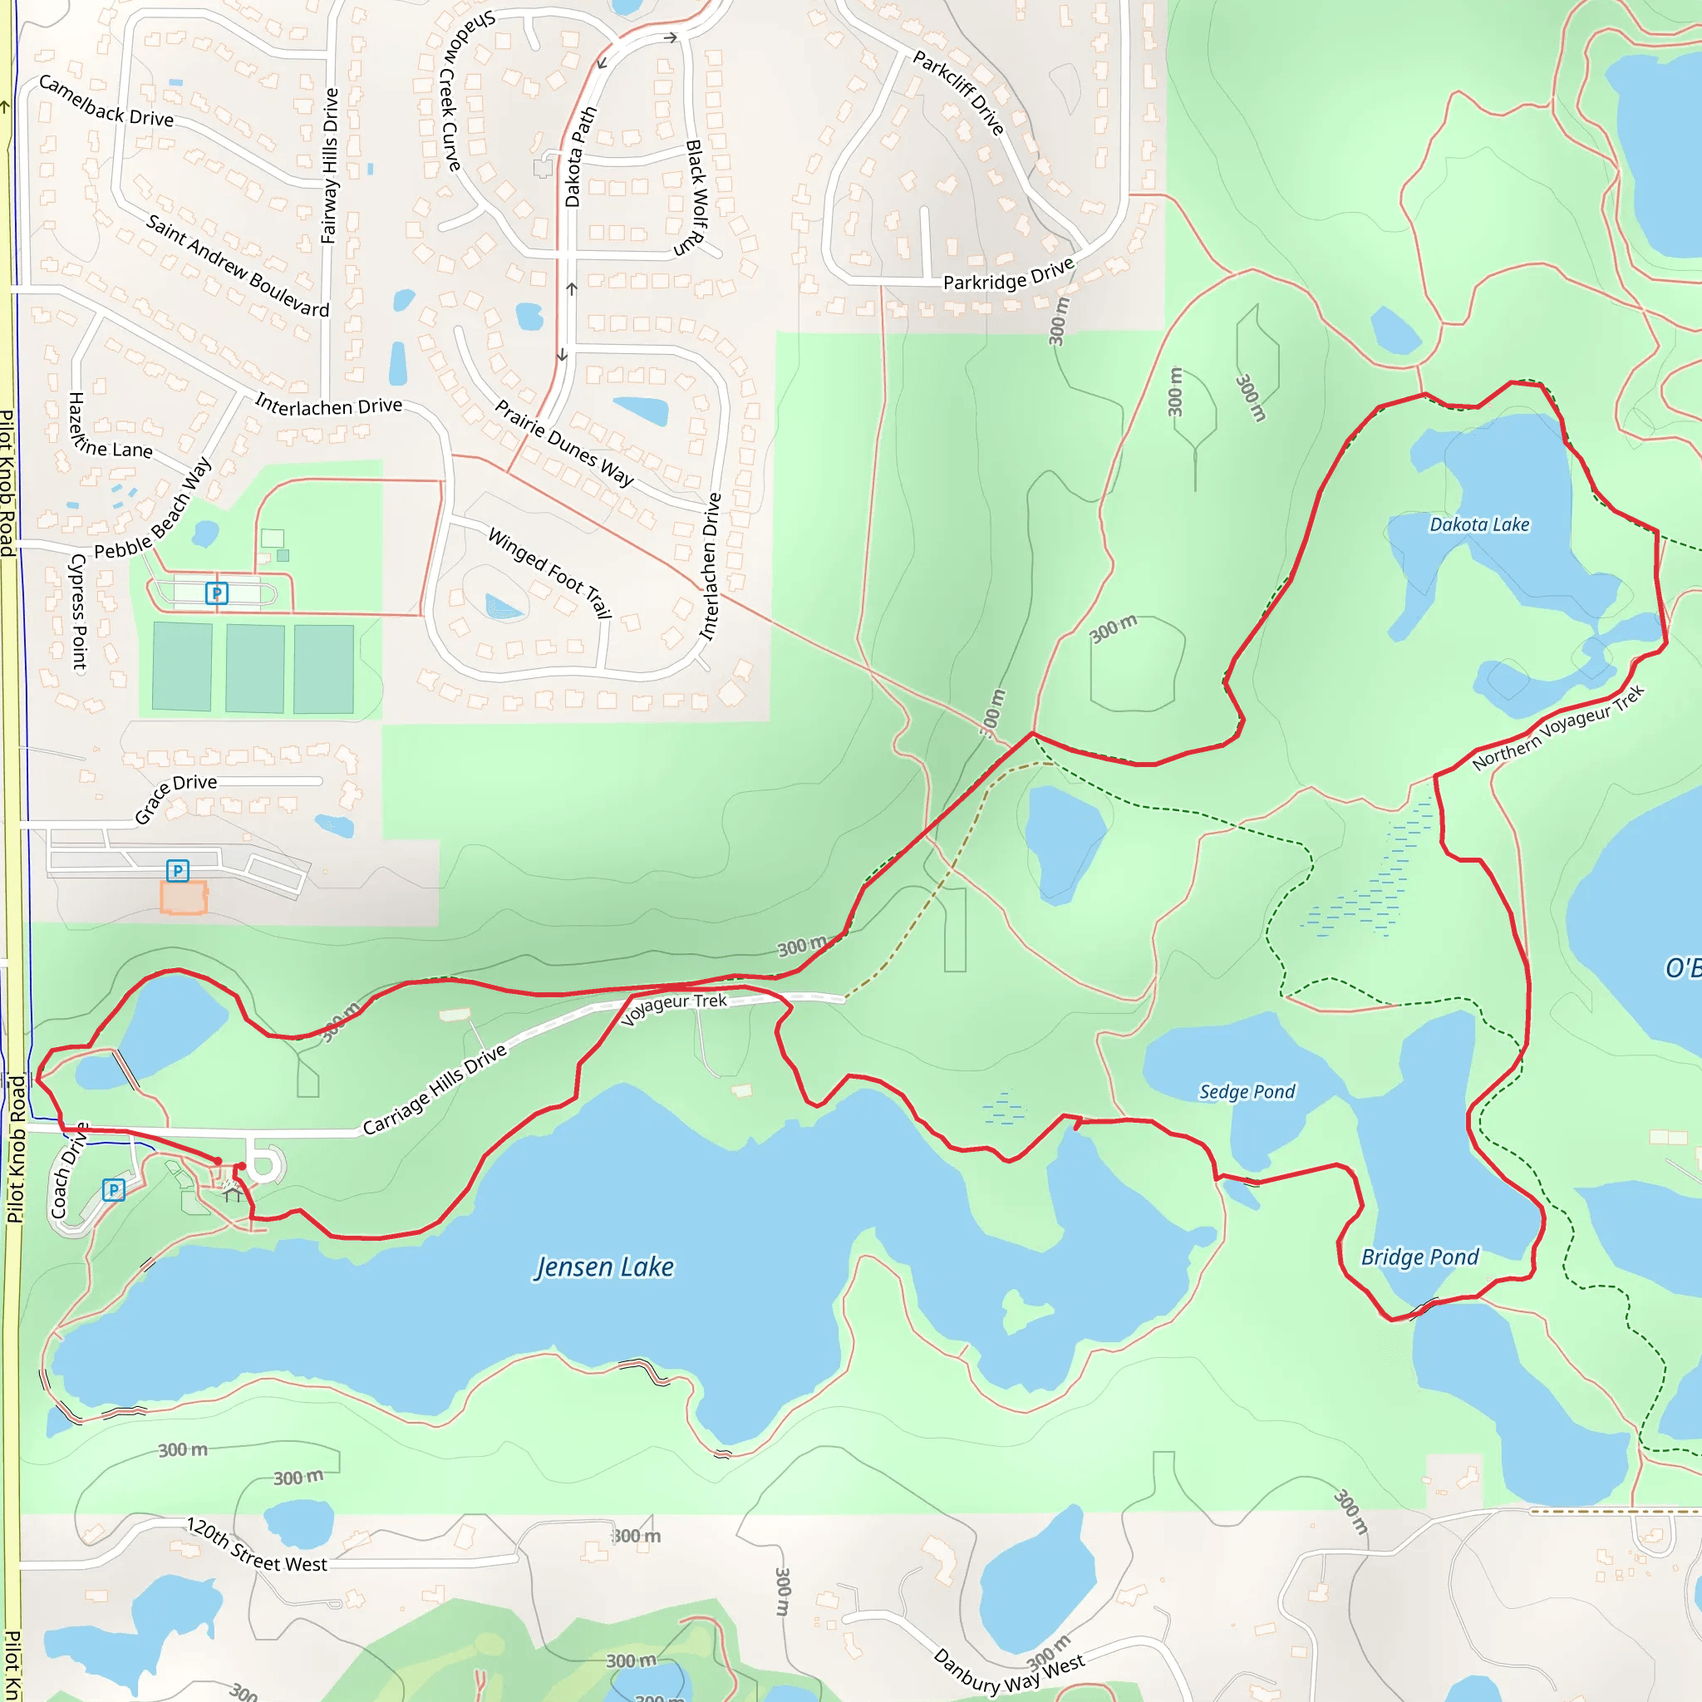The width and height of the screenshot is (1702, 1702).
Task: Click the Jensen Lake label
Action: pyautogui.click(x=604, y=1267)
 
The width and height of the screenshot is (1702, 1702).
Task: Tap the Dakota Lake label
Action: pyautogui.click(x=1479, y=525)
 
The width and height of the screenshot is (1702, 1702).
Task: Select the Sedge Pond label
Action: pyautogui.click(x=1247, y=1092)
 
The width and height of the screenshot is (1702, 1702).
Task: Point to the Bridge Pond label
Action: pyautogui.click(x=1419, y=1257)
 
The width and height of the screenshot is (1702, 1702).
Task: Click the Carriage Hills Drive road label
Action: pyautogui.click(x=435, y=1090)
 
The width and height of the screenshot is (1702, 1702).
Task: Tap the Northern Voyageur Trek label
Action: pyautogui.click(x=1557, y=728)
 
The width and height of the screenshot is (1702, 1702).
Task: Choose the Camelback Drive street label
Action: pyautogui.click(x=106, y=101)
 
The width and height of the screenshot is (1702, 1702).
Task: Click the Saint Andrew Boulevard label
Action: pyautogui.click(x=237, y=265)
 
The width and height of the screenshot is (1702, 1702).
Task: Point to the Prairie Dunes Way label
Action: pyautogui.click(x=563, y=443)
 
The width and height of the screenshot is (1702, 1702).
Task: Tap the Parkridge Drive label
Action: pyautogui.click(x=1009, y=275)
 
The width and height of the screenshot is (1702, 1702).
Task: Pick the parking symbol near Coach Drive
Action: pyautogui.click(x=114, y=1190)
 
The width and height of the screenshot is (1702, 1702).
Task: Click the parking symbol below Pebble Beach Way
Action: pyautogui.click(x=217, y=593)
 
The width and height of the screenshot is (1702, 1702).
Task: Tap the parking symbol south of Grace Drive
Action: pyautogui.click(x=178, y=870)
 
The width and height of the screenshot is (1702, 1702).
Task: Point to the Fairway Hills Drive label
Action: pyautogui.click(x=329, y=165)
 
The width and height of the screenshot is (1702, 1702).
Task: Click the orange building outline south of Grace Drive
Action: pyautogui.click(x=183, y=897)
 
